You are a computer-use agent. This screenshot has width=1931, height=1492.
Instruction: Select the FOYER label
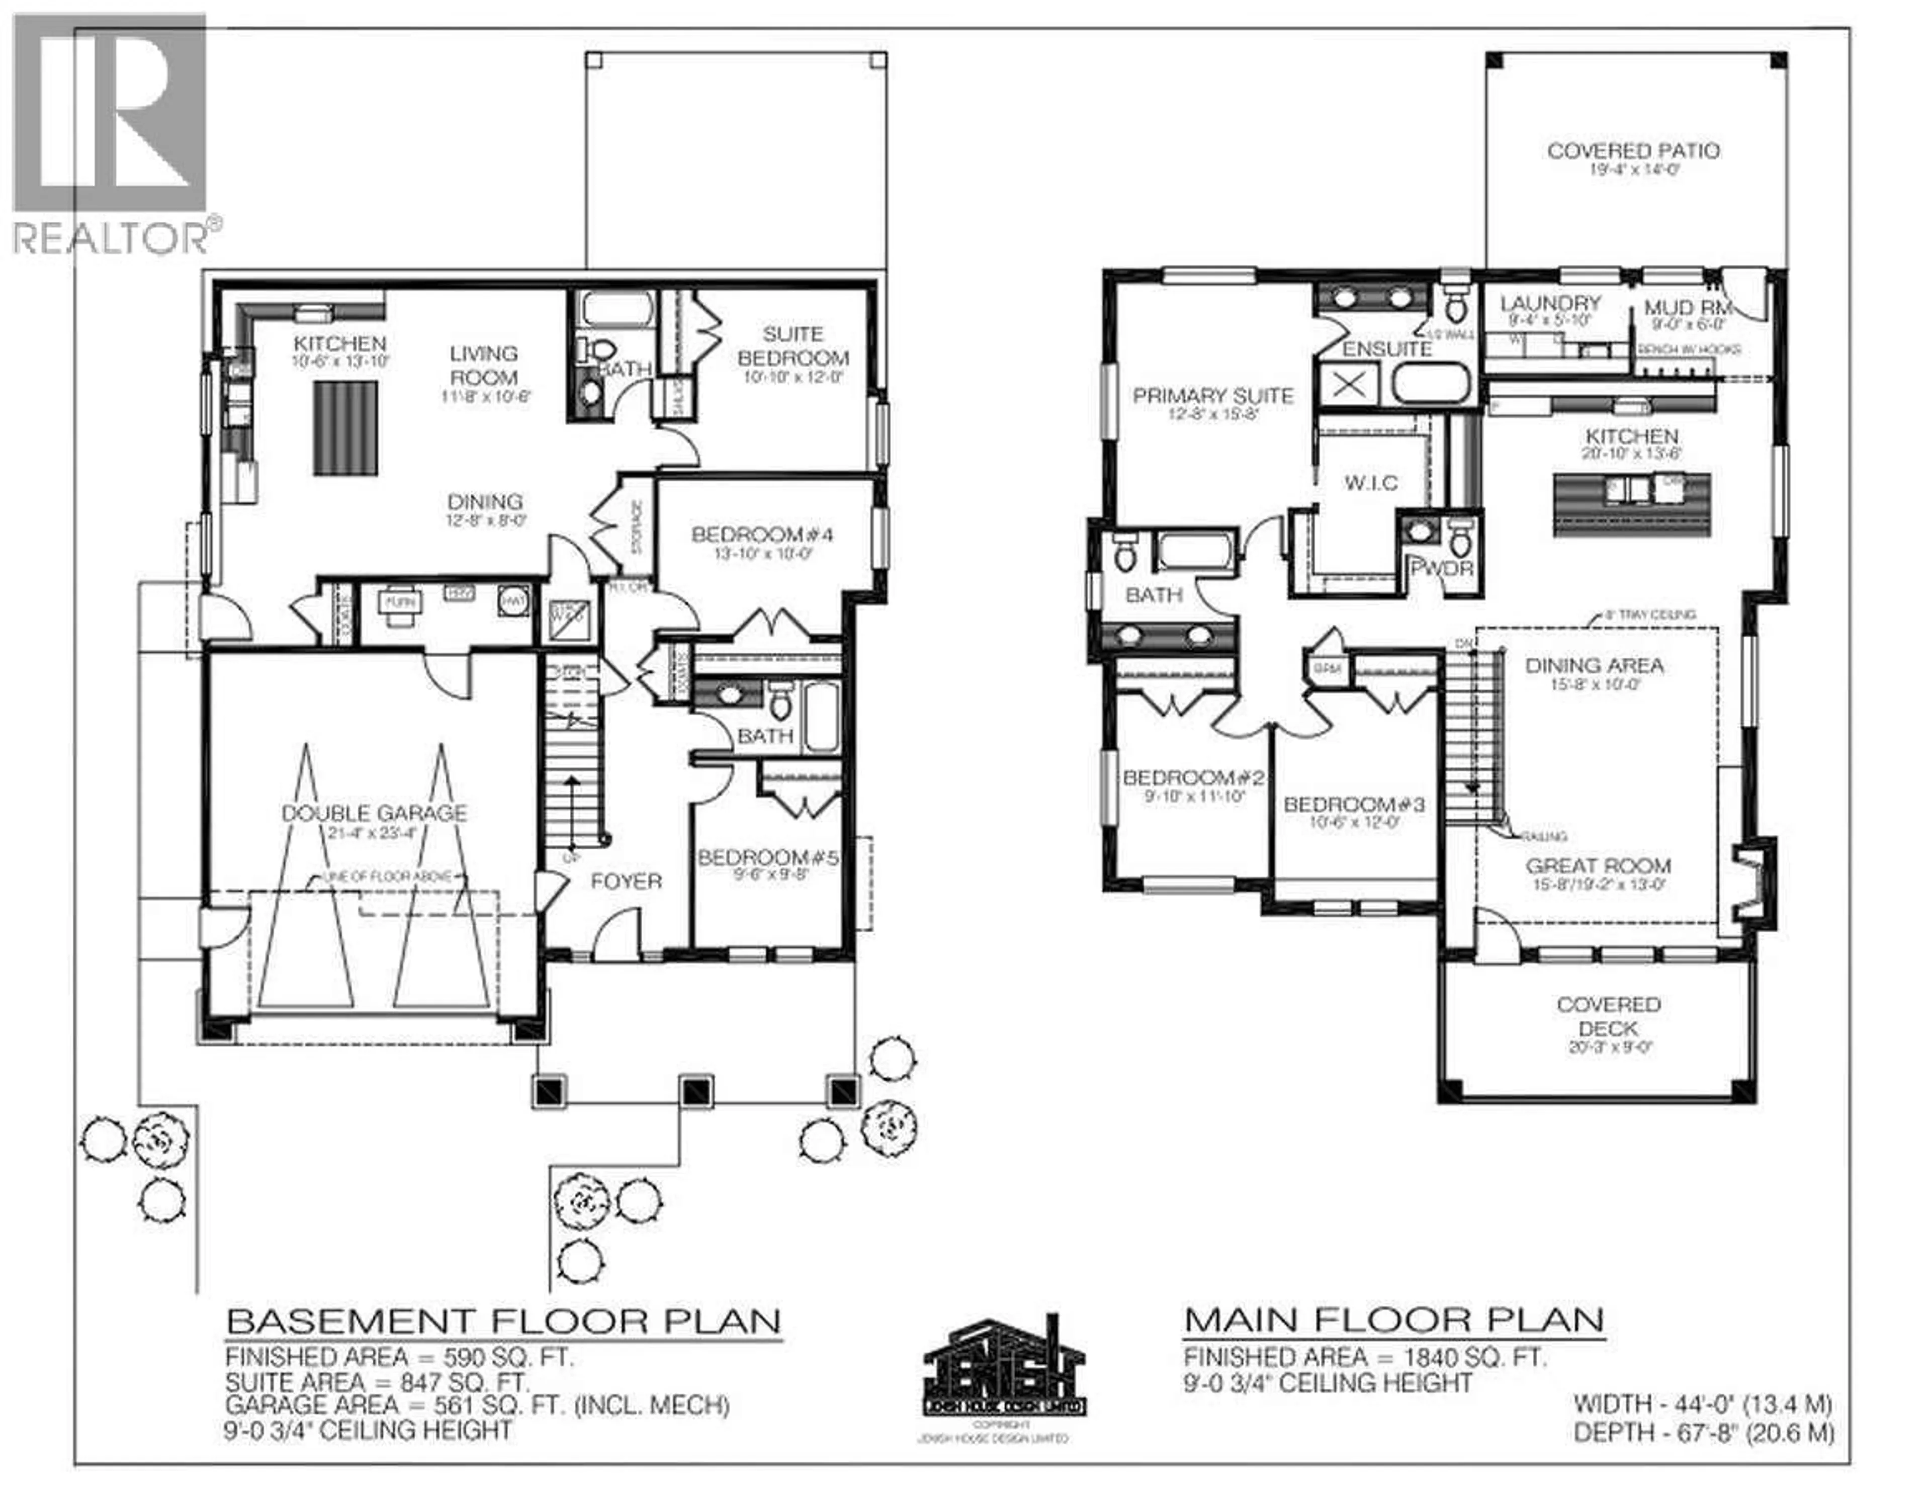[626, 881]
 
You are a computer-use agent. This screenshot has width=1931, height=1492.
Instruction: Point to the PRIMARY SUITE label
[1212, 396]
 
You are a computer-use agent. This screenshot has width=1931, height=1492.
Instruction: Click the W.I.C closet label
[1370, 483]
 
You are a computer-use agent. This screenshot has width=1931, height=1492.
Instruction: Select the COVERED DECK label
[1608, 1016]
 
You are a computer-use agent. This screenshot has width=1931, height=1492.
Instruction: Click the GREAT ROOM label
[1598, 866]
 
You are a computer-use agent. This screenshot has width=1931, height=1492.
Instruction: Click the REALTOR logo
[111, 133]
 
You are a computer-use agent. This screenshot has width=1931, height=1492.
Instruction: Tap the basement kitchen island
[345, 428]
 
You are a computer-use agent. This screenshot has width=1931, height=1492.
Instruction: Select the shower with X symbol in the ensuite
[1348, 385]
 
